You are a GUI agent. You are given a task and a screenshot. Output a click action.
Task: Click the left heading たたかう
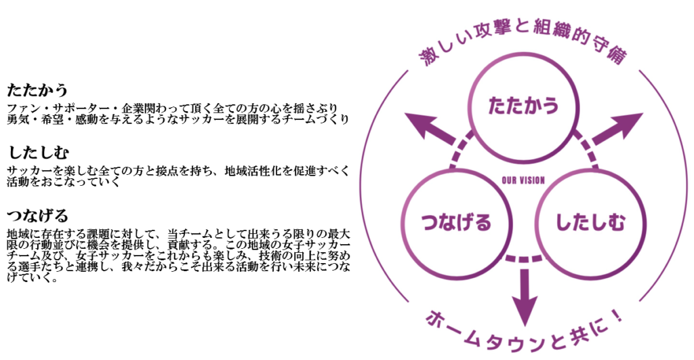point(37,89)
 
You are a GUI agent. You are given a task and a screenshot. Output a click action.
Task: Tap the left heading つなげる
point(37,216)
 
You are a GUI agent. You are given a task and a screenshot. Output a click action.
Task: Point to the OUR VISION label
point(523,180)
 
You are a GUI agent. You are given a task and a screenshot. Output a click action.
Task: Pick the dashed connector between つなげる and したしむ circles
point(523,258)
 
